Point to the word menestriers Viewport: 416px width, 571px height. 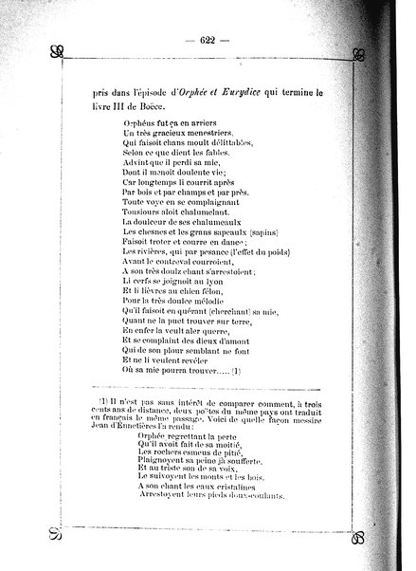[196, 135]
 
